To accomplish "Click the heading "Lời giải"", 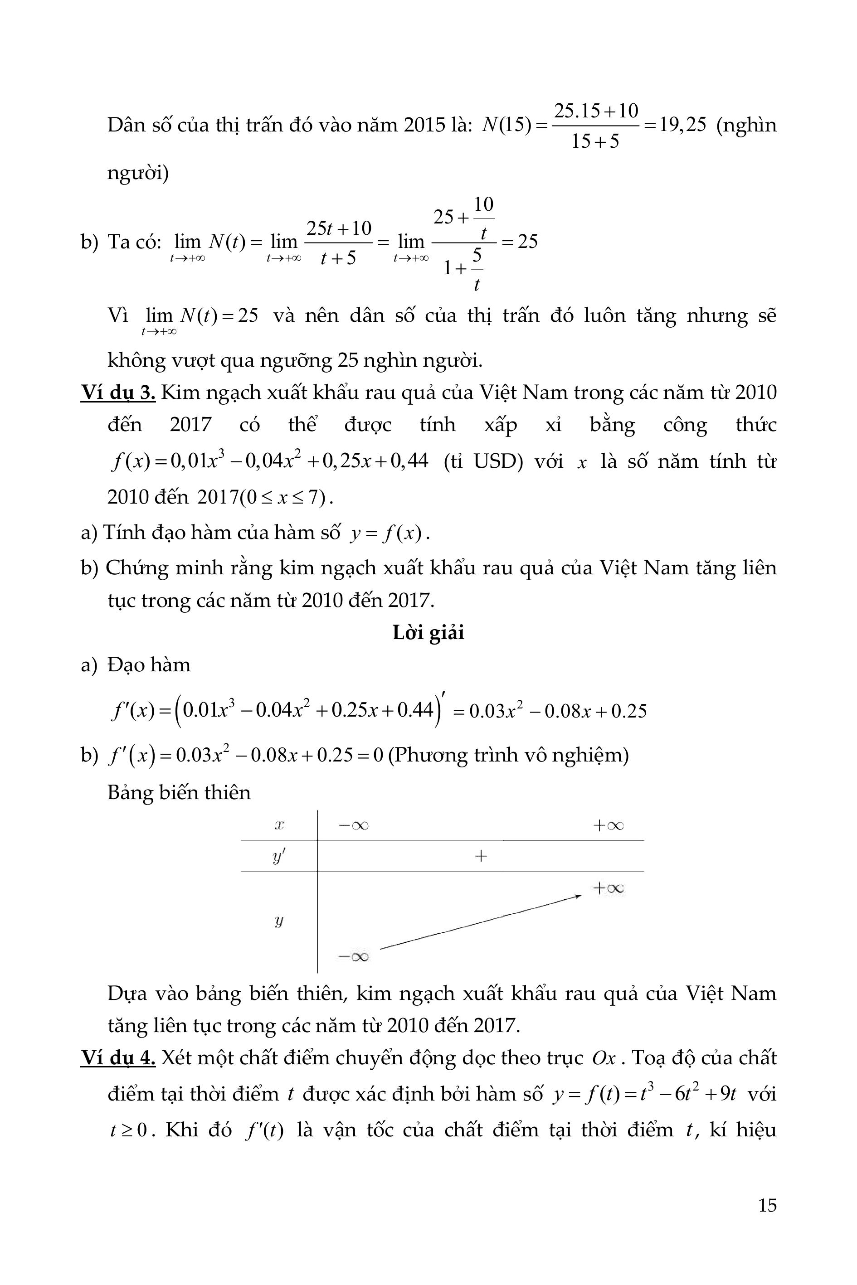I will [428, 632].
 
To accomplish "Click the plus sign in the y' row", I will [481, 856].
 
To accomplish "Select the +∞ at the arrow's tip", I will [608, 888].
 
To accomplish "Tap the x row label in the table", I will [279, 825].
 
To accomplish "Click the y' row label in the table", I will [279, 857].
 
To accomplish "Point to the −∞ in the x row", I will [354, 825].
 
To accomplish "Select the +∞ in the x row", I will [608, 825].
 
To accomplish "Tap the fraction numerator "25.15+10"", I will [596, 111].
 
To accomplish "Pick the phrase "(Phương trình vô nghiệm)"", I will [508, 755].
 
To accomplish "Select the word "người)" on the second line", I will [138, 173].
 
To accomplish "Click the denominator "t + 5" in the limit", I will [338, 257].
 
